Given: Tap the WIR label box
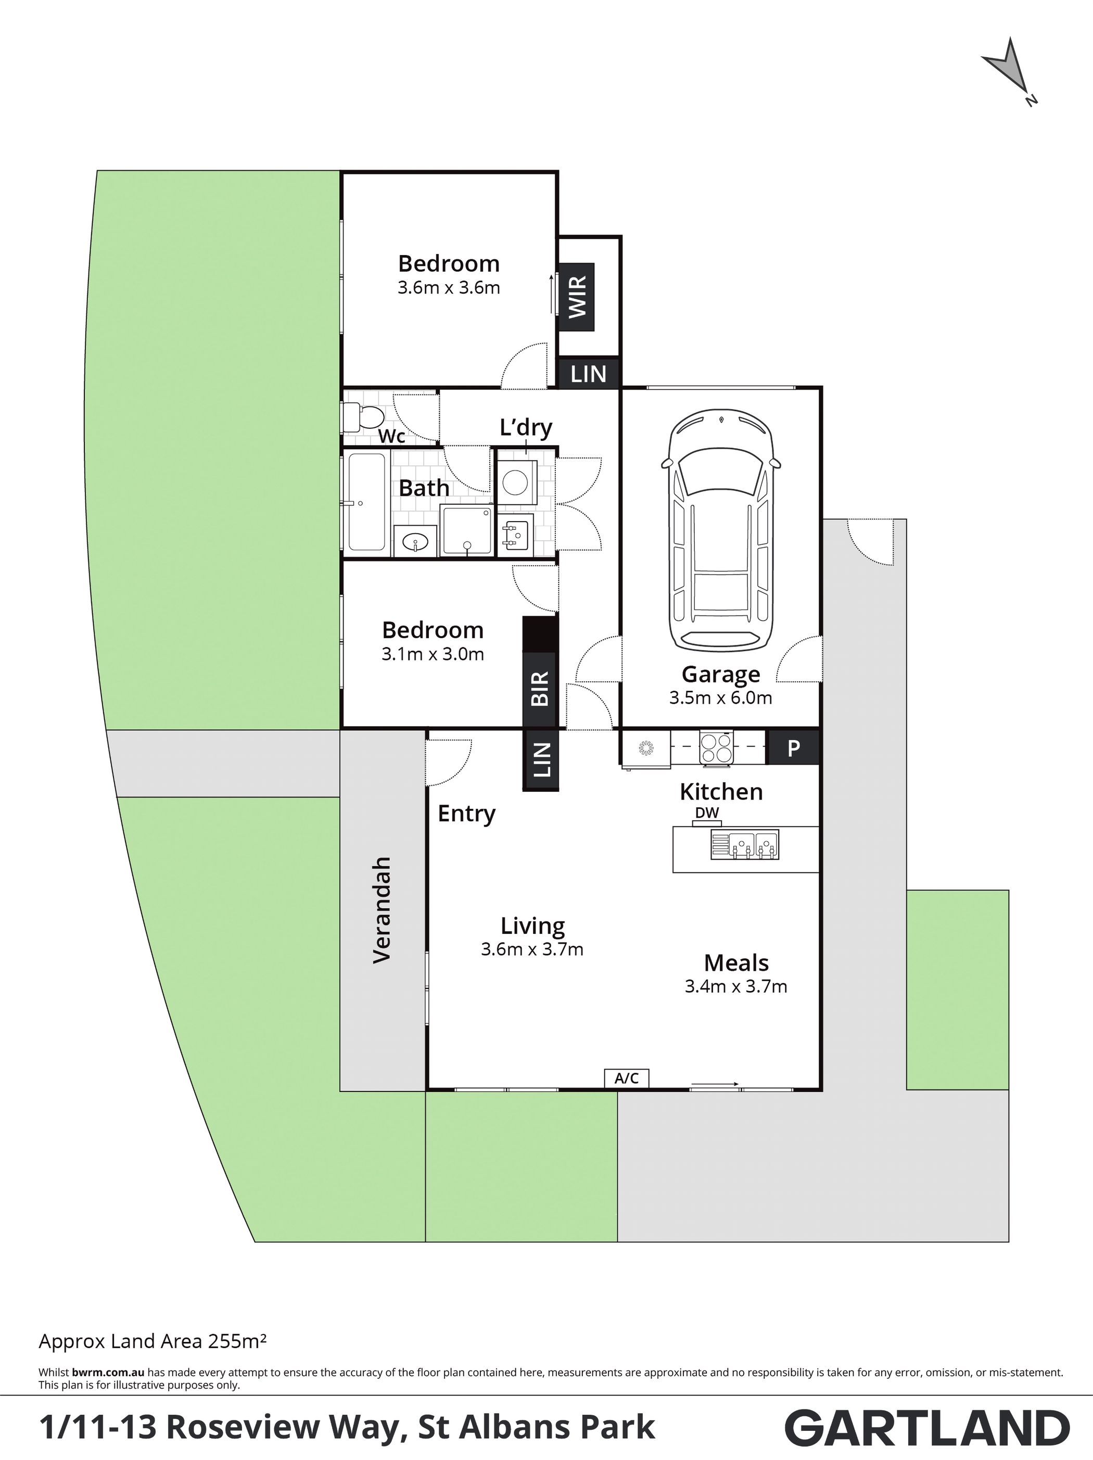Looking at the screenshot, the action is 576,297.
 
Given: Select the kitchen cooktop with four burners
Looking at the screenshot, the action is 716,748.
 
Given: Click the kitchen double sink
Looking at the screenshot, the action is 744,845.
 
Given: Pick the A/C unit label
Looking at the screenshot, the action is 626,1078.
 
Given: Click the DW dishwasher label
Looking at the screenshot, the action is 707,813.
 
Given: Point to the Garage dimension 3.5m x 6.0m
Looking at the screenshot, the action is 721,697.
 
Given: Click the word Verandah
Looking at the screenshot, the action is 382,910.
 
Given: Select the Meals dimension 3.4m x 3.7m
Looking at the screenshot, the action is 736,987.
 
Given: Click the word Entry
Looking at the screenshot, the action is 467,815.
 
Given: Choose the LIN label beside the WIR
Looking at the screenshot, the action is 588,374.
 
